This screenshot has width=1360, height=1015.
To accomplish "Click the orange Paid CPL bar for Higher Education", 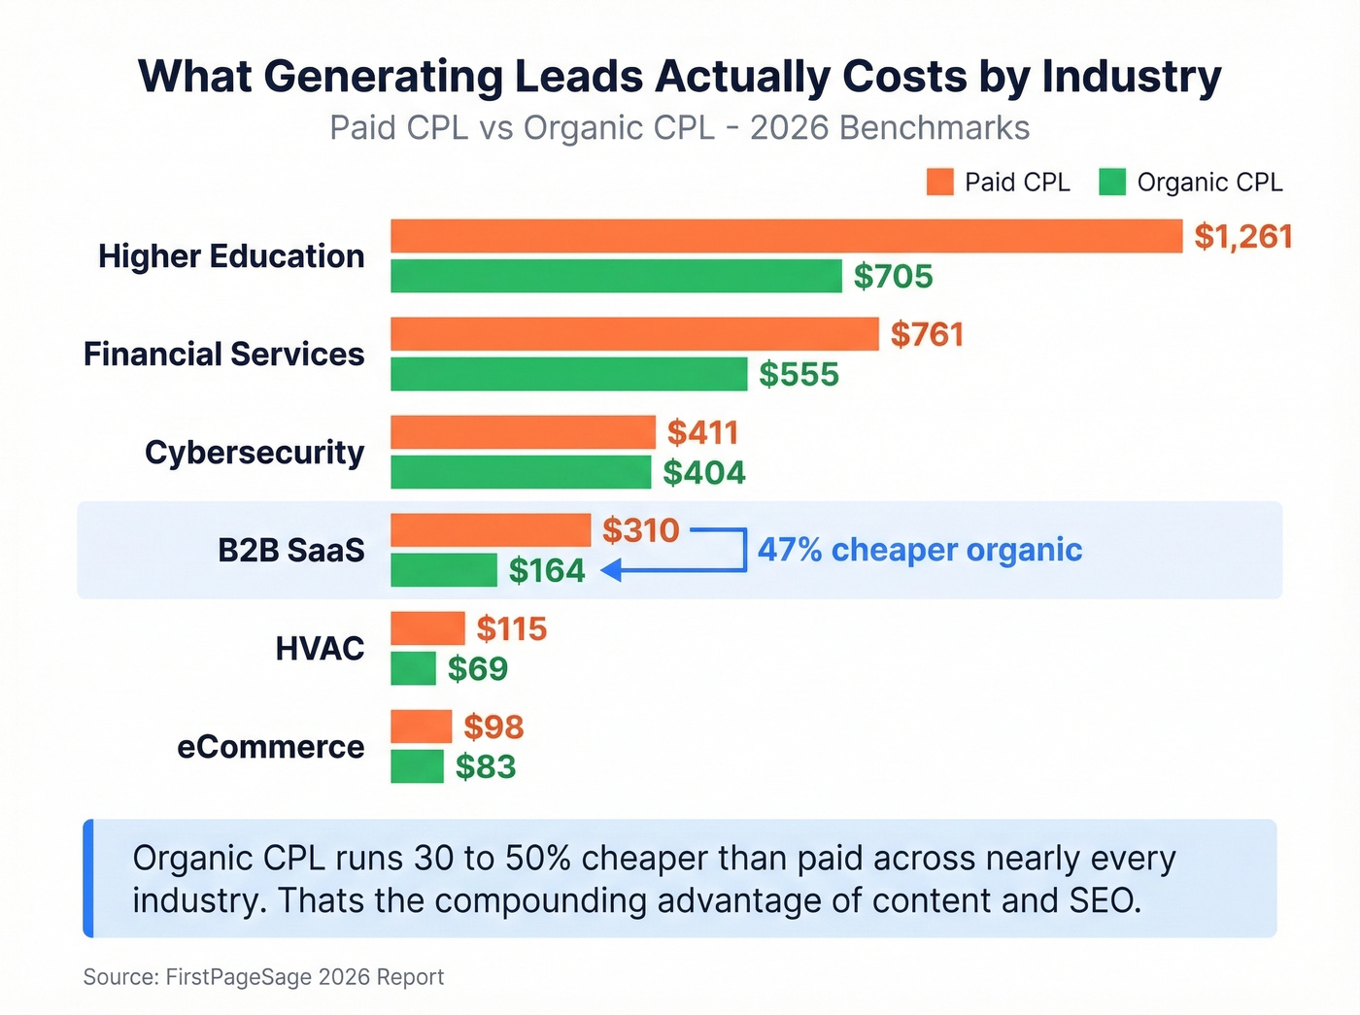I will pyautogui.click(x=786, y=236).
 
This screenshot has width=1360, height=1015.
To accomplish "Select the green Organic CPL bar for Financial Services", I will pyautogui.click(x=568, y=374).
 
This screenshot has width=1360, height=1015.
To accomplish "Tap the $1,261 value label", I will pyautogui.click(x=1242, y=236).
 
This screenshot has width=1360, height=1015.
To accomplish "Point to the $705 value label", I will pyautogui.click(x=893, y=277).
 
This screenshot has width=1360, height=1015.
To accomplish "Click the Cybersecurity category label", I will pyautogui.click(x=255, y=452).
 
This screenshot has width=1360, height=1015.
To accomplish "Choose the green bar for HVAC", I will pyautogui.click(x=413, y=668).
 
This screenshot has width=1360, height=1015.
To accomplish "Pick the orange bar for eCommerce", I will pyautogui.click(x=421, y=727).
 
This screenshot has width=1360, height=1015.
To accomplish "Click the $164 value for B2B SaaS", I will pyautogui.click(x=547, y=570).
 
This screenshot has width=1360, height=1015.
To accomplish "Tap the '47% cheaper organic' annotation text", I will pyautogui.click(x=919, y=550).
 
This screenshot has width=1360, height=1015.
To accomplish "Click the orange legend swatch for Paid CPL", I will pyautogui.click(x=939, y=182).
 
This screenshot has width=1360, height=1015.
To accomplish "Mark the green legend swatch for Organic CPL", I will pyautogui.click(x=1111, y=182).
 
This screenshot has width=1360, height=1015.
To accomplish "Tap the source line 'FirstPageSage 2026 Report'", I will pyautogui.click(x=304, y=977).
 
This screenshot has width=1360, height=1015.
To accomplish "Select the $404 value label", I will pyautogui.click(x=703, y=473).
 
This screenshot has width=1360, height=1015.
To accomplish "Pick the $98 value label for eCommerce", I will pyautogui.click(x=493, y=727).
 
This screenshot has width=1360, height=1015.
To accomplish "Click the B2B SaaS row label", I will pyautogui.click(x=290, y=550).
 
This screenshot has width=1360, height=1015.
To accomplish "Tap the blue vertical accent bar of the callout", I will pyautogui.click(x=88, y=878).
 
